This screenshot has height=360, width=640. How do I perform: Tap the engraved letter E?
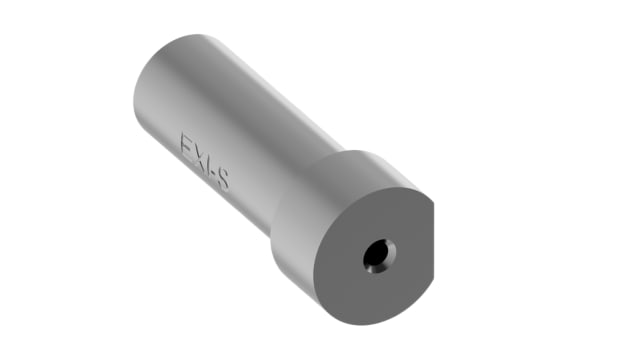(x=187, y=147)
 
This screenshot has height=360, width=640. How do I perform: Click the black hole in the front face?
(x=377, y=256)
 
